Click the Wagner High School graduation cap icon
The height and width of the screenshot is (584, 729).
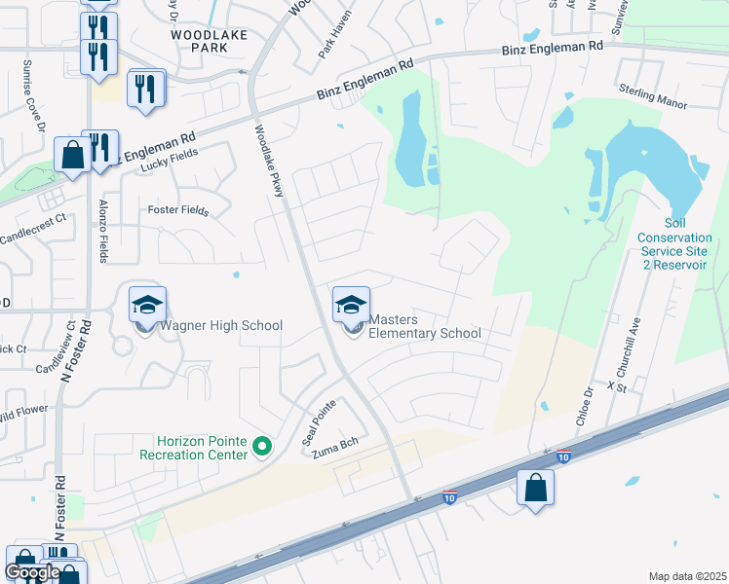coord(147,306)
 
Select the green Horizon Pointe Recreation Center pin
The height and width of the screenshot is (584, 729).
coord(261,447)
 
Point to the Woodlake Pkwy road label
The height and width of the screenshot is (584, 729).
coord(269,162)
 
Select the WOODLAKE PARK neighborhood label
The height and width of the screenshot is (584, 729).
coord(210,41)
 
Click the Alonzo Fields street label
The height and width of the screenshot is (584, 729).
coord(103,229)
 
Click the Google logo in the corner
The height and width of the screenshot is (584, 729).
coord(32,572)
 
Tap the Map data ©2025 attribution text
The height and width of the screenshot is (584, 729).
coord(687,576)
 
